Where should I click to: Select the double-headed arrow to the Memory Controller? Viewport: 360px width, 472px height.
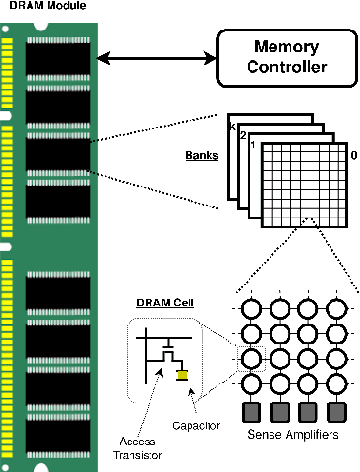pyautogui.click(x=158, y=59)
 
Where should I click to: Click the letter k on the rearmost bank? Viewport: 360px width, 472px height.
pyautogui.click(x=230, y=124)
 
